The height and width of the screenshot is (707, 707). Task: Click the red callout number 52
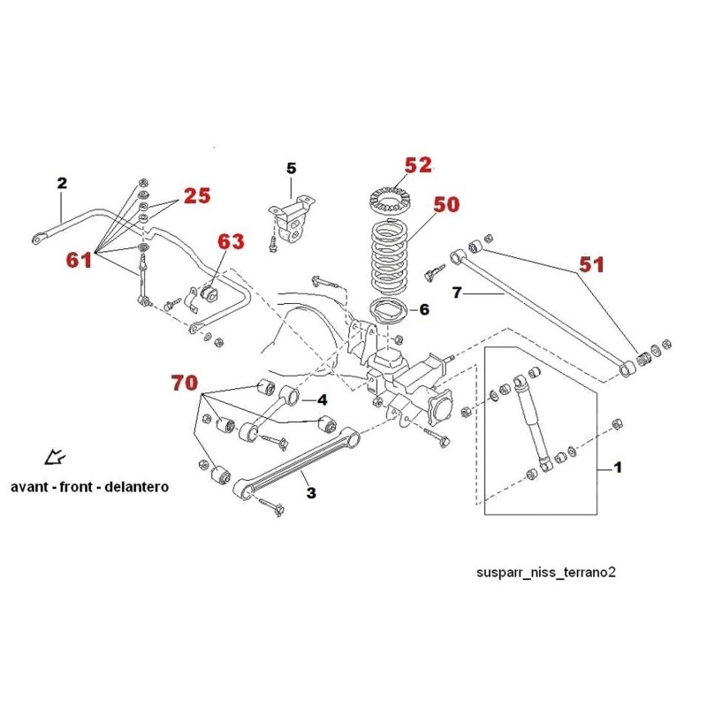[x=418, y=165]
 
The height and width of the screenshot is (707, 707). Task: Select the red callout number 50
[x=446, y=204]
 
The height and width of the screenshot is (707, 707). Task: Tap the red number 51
[x=591, y=264]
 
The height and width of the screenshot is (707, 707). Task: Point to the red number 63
[x=231, y=241]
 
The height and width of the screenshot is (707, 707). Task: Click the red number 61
[x=79, y=260]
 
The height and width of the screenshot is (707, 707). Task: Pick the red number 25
[x=197, y=195]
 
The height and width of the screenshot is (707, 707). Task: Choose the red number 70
[x=185, y=383]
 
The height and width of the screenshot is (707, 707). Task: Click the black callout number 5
[x=292, y=169]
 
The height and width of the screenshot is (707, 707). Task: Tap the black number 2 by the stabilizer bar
[x=62, y=183]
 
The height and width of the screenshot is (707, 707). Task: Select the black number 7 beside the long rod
[x=457, y=293]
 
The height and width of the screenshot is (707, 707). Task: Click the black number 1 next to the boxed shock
[x=618, y=468]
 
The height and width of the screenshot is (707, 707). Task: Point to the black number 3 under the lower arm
[x=311, y=493]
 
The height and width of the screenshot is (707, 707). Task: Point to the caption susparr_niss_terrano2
[x=546, y=573]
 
